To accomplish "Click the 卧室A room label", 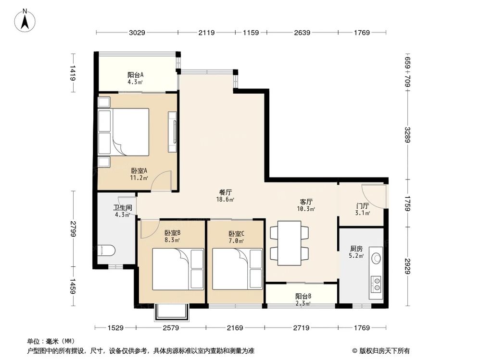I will pyautogui.click(x=139, y=170).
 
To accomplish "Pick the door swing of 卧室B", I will pyautogui.click(x=149, y=229).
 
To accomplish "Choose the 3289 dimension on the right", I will pyautogui.click(x=408, y=135).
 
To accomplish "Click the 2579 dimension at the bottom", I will pyautogui.click(x=171, y=328).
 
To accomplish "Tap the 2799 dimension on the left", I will pyautogui.click(x=73, y=228).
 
